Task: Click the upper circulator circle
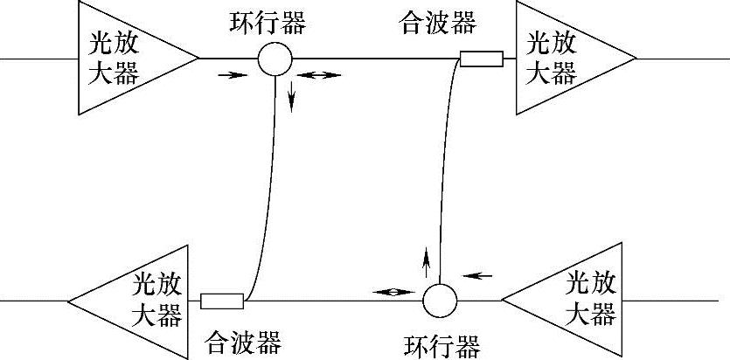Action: (275, 59)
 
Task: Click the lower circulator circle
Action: (440, 301)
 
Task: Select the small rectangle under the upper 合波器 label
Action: (482, 59)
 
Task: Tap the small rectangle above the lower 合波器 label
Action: (221, 301)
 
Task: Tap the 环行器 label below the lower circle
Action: (441, 344)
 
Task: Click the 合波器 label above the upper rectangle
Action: (438, 22)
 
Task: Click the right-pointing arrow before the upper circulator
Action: (229, 75)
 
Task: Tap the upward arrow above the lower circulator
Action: (427, 260)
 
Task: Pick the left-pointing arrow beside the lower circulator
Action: (477, 276)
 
